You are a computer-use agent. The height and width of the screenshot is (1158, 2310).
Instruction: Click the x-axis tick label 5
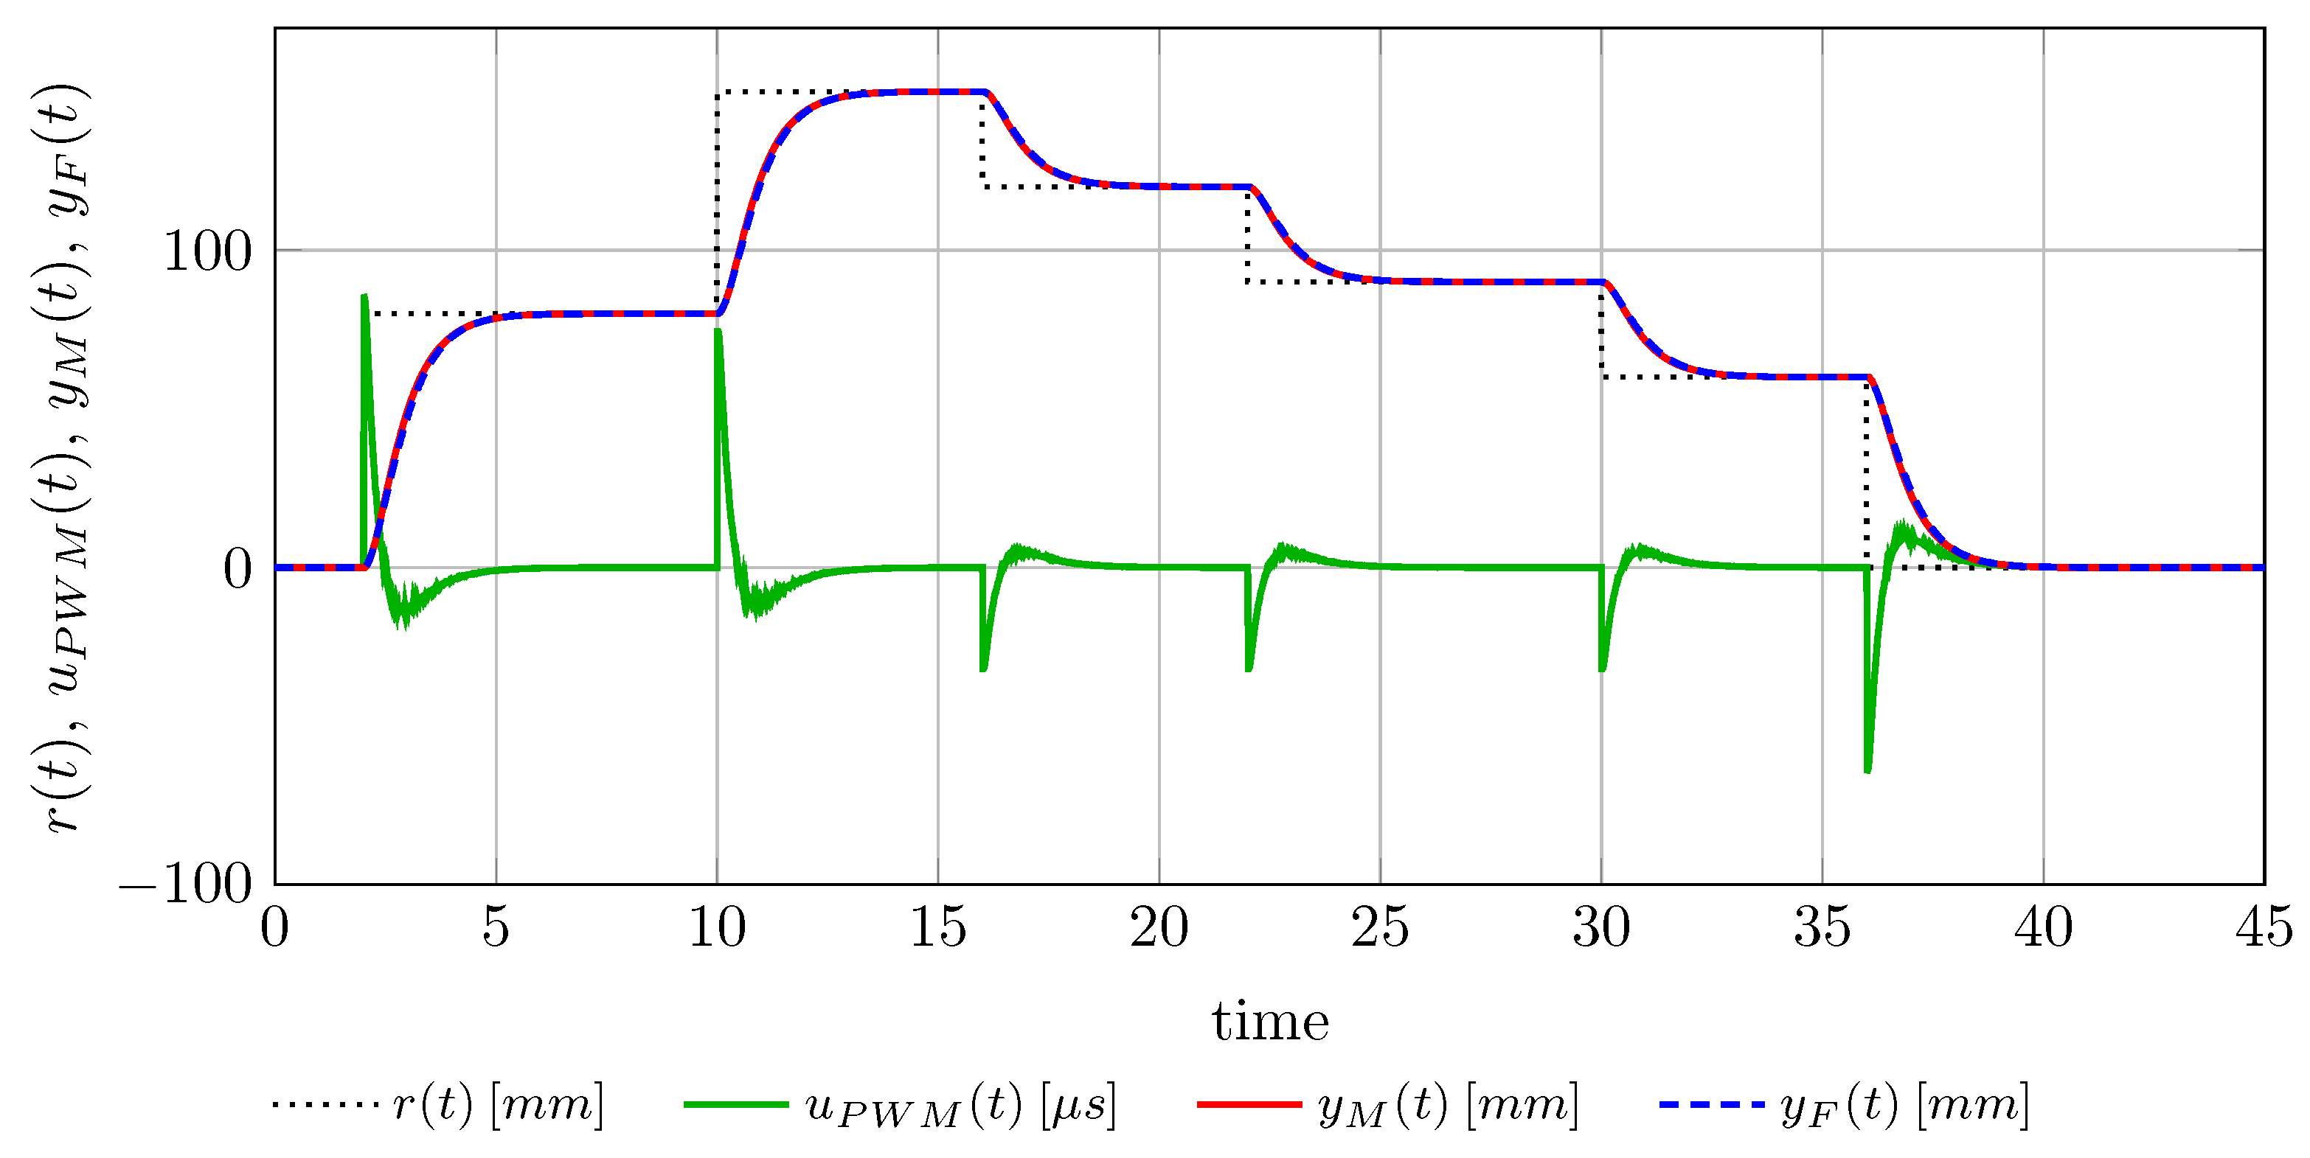(495, 928)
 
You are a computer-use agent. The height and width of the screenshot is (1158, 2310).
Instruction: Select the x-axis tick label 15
(938, 928)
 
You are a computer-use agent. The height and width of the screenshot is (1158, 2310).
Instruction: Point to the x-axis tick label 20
(1159, 928)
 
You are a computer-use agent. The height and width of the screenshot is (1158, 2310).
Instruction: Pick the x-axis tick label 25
(1380, 928)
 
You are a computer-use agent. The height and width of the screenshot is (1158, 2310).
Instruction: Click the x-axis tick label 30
(1600, 928)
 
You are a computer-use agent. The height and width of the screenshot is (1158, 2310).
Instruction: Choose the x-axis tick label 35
(1822, 928)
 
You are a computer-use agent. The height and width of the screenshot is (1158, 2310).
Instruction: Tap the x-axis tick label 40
(2043, 928)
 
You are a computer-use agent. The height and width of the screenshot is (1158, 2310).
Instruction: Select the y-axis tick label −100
(186, 885)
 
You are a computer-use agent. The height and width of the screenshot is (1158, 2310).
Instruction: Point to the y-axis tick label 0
(237, 568)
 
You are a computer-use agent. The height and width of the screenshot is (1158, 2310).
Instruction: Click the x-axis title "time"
(1270, 1021)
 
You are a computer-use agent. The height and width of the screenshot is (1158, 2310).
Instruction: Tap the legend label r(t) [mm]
(499, 1104)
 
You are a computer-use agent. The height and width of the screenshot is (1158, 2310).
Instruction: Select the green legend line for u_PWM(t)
(735, 1104)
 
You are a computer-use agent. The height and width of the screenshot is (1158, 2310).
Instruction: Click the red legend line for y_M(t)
(1249, 1104)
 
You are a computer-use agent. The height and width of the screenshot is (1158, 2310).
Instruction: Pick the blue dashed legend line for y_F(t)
(1711, 1104)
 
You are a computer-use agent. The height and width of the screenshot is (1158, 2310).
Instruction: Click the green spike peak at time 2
(364, 296)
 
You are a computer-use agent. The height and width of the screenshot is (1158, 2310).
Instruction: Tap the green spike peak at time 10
(718, 331)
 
